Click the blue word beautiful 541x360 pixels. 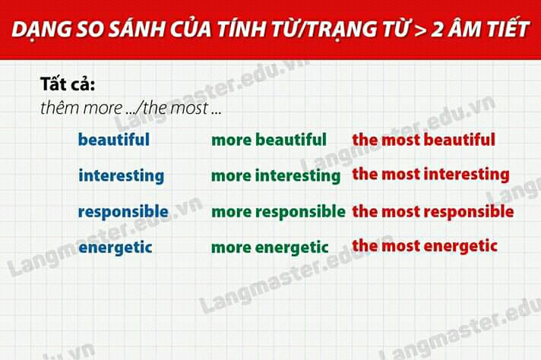114,140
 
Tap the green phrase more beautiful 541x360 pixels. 269,140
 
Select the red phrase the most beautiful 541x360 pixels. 424,140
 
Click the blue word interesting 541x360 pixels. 121,175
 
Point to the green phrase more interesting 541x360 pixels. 276,175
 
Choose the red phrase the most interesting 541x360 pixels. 431,174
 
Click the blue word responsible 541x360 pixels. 123,212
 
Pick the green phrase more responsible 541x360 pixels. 278,212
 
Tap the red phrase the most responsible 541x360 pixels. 433,212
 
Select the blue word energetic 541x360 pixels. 115,248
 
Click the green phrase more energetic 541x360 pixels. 270,248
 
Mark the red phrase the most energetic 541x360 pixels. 425,246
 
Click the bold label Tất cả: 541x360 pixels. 68,84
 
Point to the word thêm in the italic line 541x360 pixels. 60,108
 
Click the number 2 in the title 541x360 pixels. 437,29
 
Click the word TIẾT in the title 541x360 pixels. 508,27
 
